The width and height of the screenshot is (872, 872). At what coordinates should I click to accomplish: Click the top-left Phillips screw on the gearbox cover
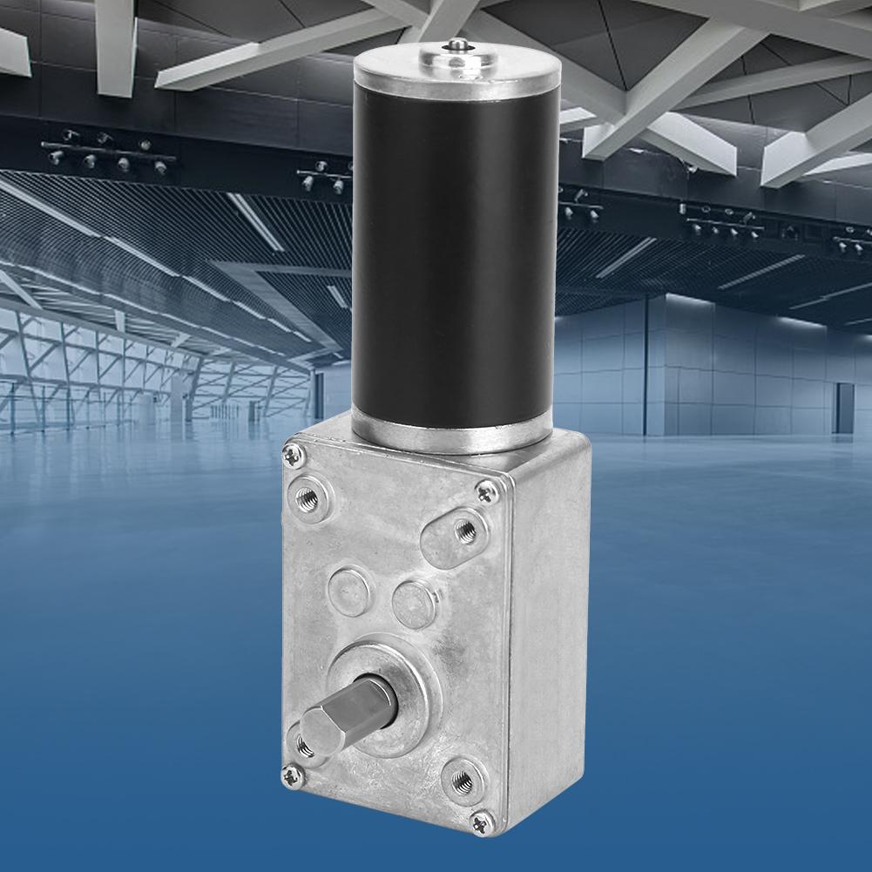pyautogui.click(x=294, y=453)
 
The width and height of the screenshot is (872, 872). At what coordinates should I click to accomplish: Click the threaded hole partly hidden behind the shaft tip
pyautogui.click(x=304, y=743)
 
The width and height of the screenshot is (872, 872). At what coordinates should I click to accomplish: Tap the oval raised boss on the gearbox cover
pyautogui.click(x=449, y=532)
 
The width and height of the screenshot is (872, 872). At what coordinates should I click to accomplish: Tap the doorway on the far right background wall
pyautogui.click(x=842, y=408)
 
